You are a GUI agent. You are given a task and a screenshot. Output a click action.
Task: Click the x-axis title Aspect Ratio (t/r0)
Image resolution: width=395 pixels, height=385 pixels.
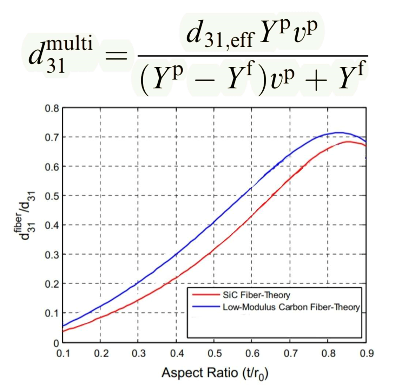pyautogui.click(x=215, y=373)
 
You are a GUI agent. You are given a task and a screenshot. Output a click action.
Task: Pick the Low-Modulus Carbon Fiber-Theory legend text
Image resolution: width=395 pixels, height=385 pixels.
pyautogui.click(x=291, y=307)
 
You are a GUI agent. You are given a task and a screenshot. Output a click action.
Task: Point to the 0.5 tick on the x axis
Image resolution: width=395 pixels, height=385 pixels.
pyautogui.click(x=214, y=353)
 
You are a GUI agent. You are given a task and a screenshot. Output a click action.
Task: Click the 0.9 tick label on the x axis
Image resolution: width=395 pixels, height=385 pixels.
pyautogui.click(x=366, y=353)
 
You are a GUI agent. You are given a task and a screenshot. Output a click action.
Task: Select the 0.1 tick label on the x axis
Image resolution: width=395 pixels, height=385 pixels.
pyautogui.click(x=63, y=353)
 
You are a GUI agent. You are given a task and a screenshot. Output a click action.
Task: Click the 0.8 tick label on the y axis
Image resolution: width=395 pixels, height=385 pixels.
pyautogui.click(x=52, y=108)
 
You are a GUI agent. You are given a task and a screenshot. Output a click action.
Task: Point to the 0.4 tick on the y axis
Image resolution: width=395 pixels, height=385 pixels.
pyautogui.click(x=52, y=225)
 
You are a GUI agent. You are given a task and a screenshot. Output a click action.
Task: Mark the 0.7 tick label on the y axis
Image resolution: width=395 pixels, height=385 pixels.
pyautogui.click(x=52, y=137)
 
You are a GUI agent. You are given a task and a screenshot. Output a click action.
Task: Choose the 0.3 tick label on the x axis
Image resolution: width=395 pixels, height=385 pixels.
pyautogui.click(x=138, y=353)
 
